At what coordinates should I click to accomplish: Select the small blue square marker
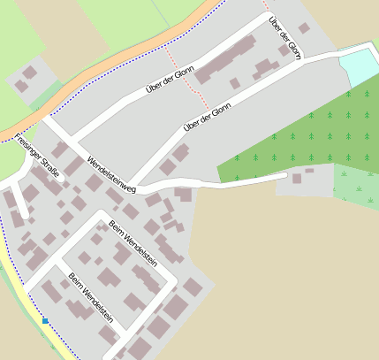coord(45,321)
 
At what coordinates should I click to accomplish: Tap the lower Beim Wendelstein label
coord(91,296)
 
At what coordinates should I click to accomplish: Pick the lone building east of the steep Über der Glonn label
coord(304,28)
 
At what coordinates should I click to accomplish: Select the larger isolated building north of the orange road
coord(30,72)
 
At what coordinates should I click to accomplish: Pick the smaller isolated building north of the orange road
coord(20,86)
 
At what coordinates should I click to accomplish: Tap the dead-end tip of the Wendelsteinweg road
coord(284,175)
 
